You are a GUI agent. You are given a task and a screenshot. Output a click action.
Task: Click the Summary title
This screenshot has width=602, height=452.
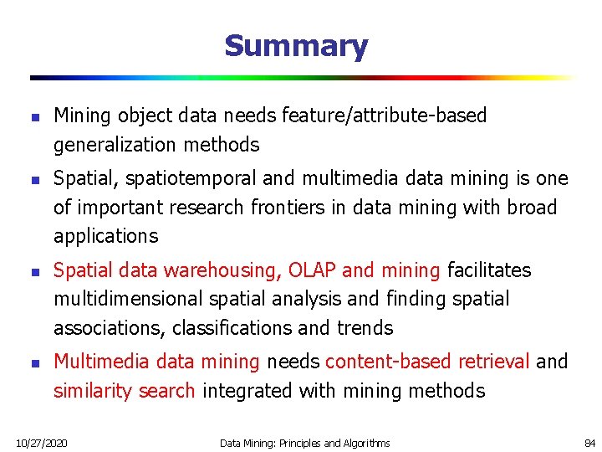[296, 46]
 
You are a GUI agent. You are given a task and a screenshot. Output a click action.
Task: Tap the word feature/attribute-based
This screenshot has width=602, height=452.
[385, 116]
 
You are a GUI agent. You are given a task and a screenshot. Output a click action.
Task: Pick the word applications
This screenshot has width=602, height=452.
[105, 237]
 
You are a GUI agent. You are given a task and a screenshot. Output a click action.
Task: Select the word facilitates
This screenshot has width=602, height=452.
[489, 270]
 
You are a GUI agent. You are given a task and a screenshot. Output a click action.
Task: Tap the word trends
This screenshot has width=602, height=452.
[364, 328]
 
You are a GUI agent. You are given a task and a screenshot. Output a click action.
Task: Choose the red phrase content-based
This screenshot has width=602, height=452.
[385, 362]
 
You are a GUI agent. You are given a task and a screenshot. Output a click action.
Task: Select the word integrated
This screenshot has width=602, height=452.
[242, 391]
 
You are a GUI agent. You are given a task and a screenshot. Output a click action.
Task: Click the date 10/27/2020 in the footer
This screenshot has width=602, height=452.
[42, 442]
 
